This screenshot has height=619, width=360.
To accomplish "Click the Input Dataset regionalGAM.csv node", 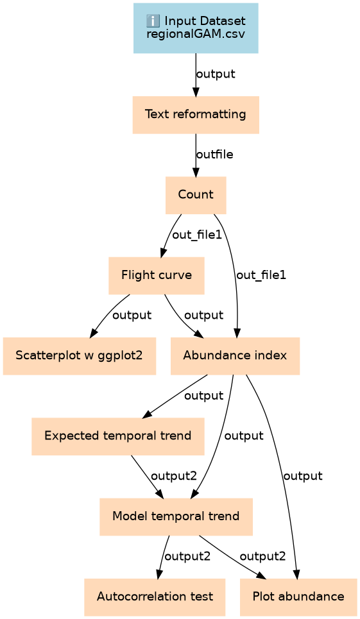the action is [196, 28].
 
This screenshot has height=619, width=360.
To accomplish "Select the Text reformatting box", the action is [196, 114].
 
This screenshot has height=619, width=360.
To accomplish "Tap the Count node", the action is [196, 195].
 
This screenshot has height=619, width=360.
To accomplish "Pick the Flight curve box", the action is [157, 276].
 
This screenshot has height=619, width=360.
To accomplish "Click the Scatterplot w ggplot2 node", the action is [80, 356].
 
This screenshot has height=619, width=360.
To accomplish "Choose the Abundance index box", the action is [236, 356].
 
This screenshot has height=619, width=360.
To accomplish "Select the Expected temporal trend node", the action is [118, 436].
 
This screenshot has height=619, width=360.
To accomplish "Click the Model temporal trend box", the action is [176, 517].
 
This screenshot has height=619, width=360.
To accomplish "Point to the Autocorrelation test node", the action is [155, 597].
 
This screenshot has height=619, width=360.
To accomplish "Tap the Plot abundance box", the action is [298, 597].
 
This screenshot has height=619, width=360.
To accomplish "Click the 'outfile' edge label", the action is [215, 155].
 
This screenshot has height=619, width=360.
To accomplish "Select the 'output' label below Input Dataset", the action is [216, 74].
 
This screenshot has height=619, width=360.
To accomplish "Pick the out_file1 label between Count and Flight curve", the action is [197, 235].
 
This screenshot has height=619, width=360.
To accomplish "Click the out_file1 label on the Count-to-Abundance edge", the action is [261, 275].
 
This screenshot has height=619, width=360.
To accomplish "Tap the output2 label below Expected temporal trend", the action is [174, 476].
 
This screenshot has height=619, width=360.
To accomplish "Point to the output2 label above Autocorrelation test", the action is [187, 557].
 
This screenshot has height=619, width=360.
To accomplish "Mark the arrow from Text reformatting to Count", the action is [196, 155].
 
